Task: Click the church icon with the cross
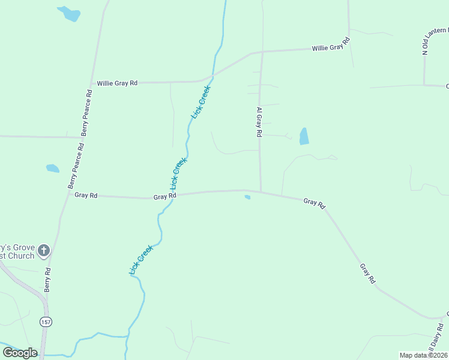tap(43, 251)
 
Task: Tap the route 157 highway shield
tap(46, 322)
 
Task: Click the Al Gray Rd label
tap(259, 123)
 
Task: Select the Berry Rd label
tap(47, 280)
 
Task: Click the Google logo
tap(20, 353)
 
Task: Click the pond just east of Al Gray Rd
tap(304, 136)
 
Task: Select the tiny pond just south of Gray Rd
tap(247, 197)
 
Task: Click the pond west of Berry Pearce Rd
tap(53, 169)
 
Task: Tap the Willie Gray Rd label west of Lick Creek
tap(118, 83)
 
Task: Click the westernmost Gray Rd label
tap(86, 195)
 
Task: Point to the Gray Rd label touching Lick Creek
tap(164, 197)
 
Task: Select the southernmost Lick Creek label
tap(142, 260)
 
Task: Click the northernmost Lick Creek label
tap(200, 102)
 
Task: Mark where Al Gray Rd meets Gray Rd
tap(261, 192)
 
